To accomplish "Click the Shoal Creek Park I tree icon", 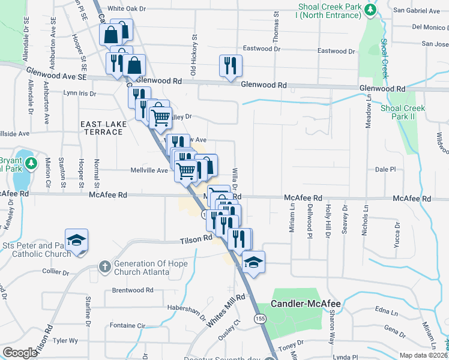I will pos(371,10).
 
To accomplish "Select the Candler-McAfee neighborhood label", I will pos(306,304).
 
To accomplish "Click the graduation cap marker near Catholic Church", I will pos(76,241).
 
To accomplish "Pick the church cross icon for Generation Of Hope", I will pos(104,265).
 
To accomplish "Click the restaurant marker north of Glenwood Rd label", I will pos(231,66).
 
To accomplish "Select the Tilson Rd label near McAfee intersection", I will pos(197,239).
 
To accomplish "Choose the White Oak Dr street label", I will pos(127,10).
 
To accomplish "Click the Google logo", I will pos(20,352).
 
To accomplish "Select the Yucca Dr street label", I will pos(397,236).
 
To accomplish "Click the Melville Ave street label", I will pos(149,170).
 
